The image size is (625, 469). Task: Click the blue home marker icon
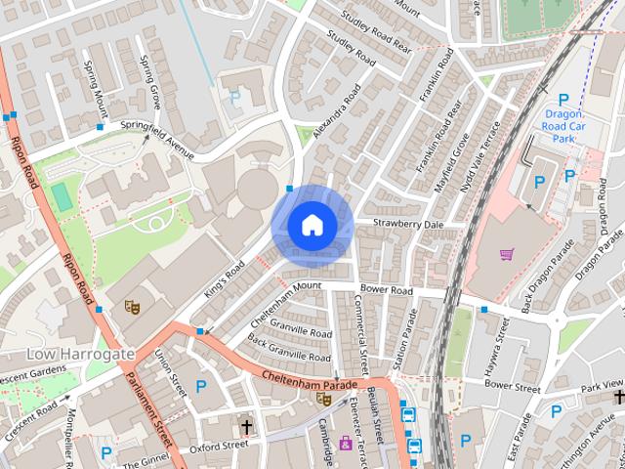click(x=312, y=225)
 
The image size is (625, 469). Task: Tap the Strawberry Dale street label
click(x=407, y=224)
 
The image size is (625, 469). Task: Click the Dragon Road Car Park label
click(x=562, y=125)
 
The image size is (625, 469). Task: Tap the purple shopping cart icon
click(x=507, y=255)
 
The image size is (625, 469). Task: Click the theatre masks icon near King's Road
click(x=131, y=307)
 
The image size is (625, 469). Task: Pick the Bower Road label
click(x=387, y=291)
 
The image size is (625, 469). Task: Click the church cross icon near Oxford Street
click(x=246, y=427)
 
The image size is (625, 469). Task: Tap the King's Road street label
click(x=224, y=280)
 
